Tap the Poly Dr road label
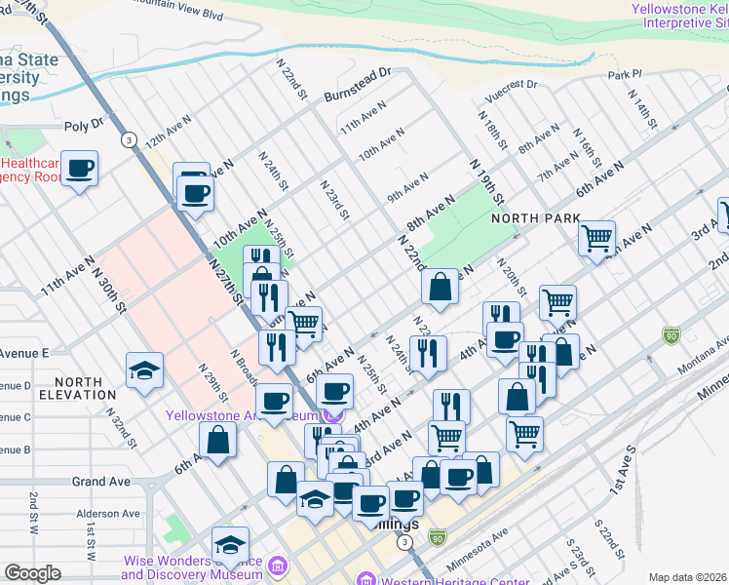click(84, 125)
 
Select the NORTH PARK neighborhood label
click(529, 218)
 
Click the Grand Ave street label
click(100, 482)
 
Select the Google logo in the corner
click(32, 572)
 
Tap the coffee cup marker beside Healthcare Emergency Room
click(80, 169)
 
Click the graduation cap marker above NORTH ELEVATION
click(144, 370)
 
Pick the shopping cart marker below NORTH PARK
click(595, 236)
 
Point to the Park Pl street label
click(626, 74)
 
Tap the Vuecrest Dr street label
click(513, 85)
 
